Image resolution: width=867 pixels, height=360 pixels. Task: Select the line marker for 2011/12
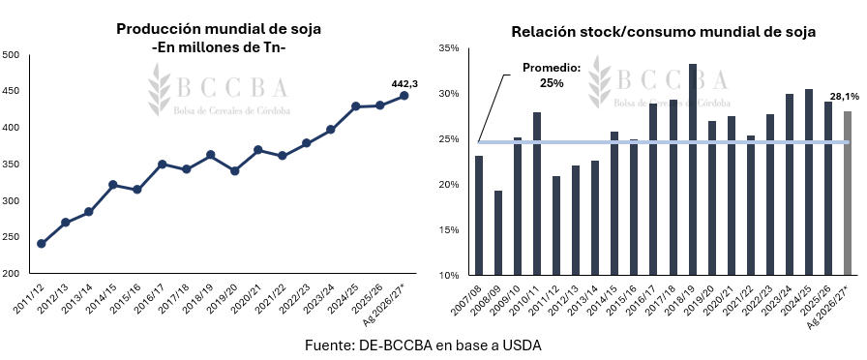pos(41,244)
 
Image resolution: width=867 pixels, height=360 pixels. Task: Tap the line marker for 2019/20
pos(234,171)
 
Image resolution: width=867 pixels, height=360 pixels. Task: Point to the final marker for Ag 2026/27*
pos(404,96)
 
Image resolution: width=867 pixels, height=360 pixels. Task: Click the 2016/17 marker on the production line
pos(162,165)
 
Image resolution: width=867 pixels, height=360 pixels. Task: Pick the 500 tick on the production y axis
pos(11,55)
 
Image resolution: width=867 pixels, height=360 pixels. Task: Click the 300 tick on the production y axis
pos(11,200)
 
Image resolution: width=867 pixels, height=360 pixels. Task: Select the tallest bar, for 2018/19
pos(692,169)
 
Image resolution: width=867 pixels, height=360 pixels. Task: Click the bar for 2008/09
pos(498,233)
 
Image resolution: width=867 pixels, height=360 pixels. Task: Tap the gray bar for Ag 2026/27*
pos(848,193)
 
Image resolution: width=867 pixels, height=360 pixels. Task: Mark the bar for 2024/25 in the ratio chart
pos(809,182)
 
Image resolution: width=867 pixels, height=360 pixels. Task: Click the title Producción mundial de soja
pos(219,29)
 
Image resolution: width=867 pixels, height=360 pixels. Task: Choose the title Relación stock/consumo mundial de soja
pos(664,32)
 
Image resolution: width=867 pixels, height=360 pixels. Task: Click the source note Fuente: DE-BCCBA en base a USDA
pos(424,345)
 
